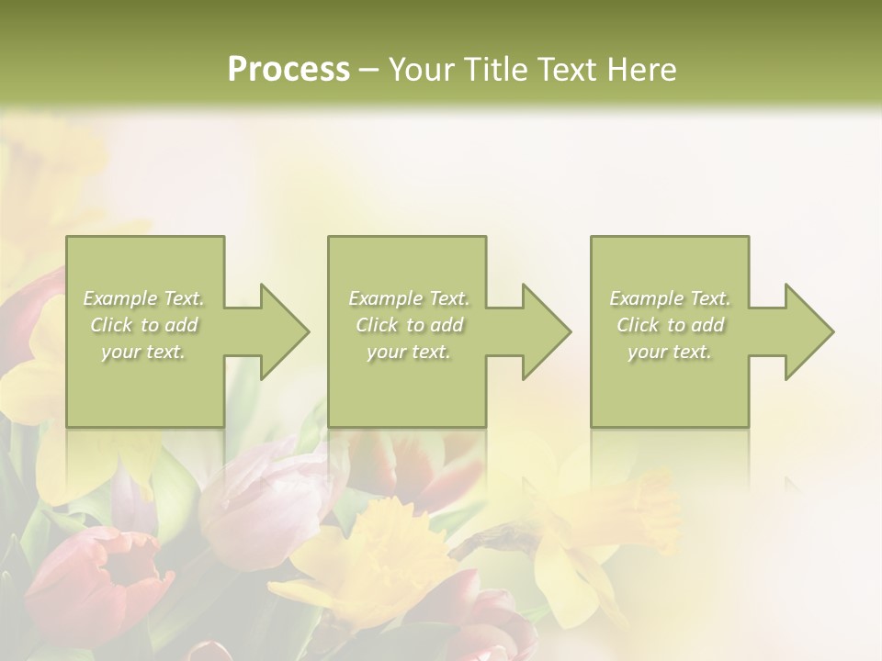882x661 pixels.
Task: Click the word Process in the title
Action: coord(288,70)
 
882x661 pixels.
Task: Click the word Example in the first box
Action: coord(120,298)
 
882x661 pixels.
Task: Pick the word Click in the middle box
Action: coord(376,325)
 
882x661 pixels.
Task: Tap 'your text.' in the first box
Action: coord(144,352)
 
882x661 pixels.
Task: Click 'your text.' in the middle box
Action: coord(409,352)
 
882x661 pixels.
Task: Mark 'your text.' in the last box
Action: coord(670,352)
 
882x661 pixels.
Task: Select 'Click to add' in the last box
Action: coord(671,325)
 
